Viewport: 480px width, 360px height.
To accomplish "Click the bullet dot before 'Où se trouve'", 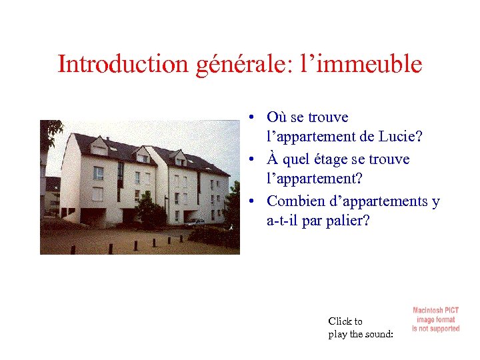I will (x=248, y=118).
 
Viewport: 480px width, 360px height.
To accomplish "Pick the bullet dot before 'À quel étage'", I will (x=248, y=160).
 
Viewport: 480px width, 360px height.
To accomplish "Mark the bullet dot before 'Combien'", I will (x=248, y=201).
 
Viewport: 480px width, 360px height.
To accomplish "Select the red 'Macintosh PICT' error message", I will (x=435, y=319).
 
